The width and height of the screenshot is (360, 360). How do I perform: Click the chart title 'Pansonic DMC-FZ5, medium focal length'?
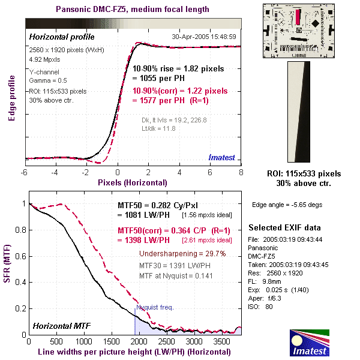(133, 9)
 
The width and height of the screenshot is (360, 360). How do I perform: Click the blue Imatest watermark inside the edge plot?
(224, 157)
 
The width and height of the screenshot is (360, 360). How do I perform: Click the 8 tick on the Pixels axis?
(241, 173)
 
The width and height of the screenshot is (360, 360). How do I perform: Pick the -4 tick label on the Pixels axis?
(53, 173)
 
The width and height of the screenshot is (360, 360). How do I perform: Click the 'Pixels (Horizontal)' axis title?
(133, 182)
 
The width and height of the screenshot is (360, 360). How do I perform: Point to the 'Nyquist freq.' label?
(155, 307)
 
